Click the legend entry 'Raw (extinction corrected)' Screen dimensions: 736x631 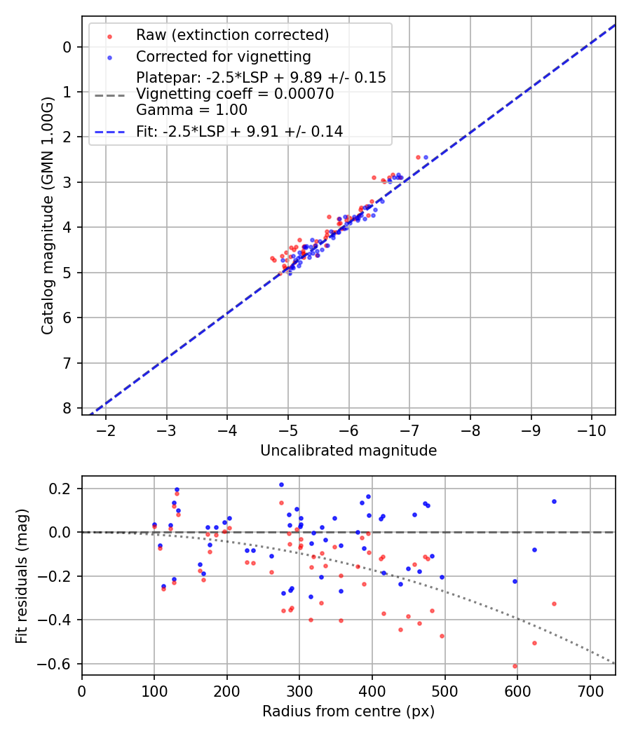pyautogui.click(x=232, y=35)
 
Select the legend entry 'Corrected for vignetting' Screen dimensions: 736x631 pyautogui.click(x=223, y=56)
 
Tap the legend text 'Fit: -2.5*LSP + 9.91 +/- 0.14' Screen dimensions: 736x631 pyautogui.click(x=239, y=131)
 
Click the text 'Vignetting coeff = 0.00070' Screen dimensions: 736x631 pyautogui.click(x=234, y=94)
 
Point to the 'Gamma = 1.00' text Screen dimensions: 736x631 pyautogui.click(x=191, y=110)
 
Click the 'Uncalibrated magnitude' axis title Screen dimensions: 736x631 pyautogui.click(x=348, y=451)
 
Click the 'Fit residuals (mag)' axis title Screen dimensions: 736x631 pyautogui.click(x=22, y=575)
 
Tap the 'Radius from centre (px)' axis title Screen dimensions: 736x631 pyautogui.click(x=348, y=711)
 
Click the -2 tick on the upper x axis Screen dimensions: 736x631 pyautogui.click(x=107, y=428)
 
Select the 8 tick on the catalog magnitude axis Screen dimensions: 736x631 pyautogui.click(x=67, y=408)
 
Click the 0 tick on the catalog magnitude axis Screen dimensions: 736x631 pyautogui.click(x=67, y=47)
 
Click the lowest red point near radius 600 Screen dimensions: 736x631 pyautogui.click(x=515, y=666)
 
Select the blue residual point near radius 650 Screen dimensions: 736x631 pyautogui.click(x=554, y=501)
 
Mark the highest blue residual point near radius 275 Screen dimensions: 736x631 pyautogui.click(x=281, y=484)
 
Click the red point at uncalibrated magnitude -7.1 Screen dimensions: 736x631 pyautogui.click(x=418, y=157)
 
